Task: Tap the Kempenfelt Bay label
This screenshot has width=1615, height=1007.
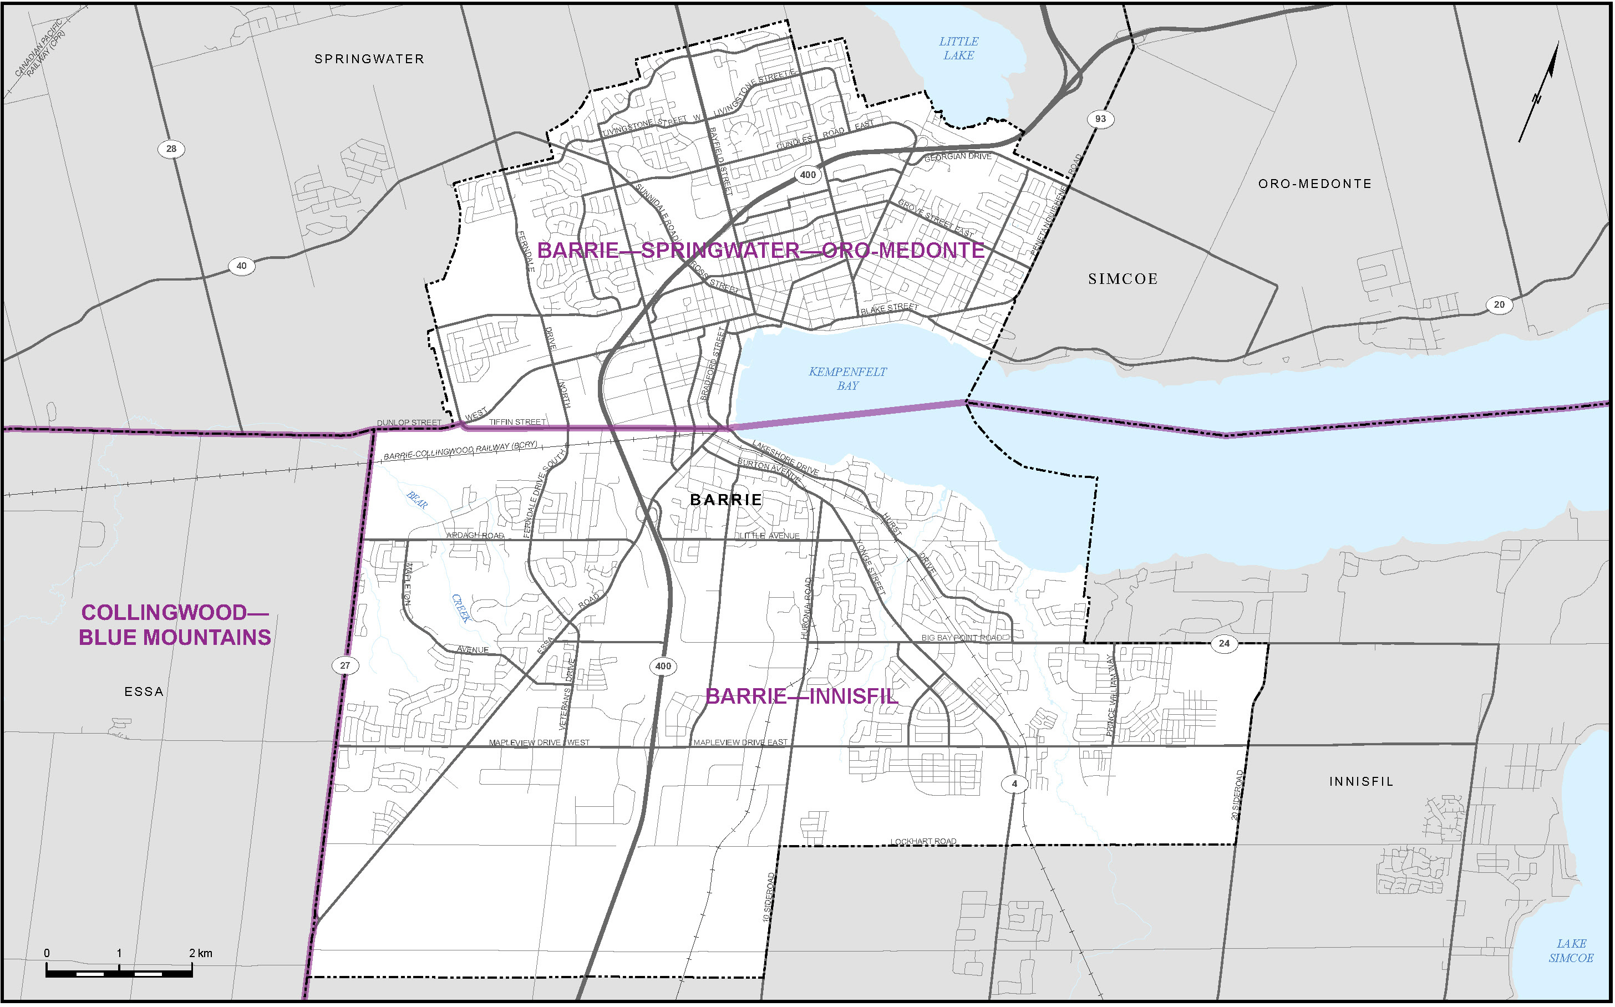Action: point(847,379)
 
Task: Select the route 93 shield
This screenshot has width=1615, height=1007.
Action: point(1100,119)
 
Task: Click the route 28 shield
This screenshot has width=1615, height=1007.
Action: point(171,149)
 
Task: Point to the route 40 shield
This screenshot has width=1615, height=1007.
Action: point(241,266)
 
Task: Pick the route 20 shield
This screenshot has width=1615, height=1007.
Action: point(1499,305)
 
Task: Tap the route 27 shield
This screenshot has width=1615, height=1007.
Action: point(345,665)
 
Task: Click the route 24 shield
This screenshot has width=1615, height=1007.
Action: point(1224,643)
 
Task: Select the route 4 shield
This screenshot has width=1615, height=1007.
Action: point(1014,784)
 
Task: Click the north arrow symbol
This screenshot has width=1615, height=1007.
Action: point(1539,93)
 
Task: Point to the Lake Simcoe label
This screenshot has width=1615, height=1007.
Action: point(1571,951)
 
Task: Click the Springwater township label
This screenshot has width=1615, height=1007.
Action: point(369,59)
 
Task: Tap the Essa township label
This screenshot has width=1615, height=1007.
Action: point(144,692)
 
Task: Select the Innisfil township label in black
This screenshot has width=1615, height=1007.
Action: point(1361,782)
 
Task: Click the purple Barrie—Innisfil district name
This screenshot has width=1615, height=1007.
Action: point(802,696)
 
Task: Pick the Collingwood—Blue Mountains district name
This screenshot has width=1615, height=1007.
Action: point(175,625)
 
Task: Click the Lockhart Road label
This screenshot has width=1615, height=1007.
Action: point(924,842)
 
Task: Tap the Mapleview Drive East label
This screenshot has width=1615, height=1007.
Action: point(740,742)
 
